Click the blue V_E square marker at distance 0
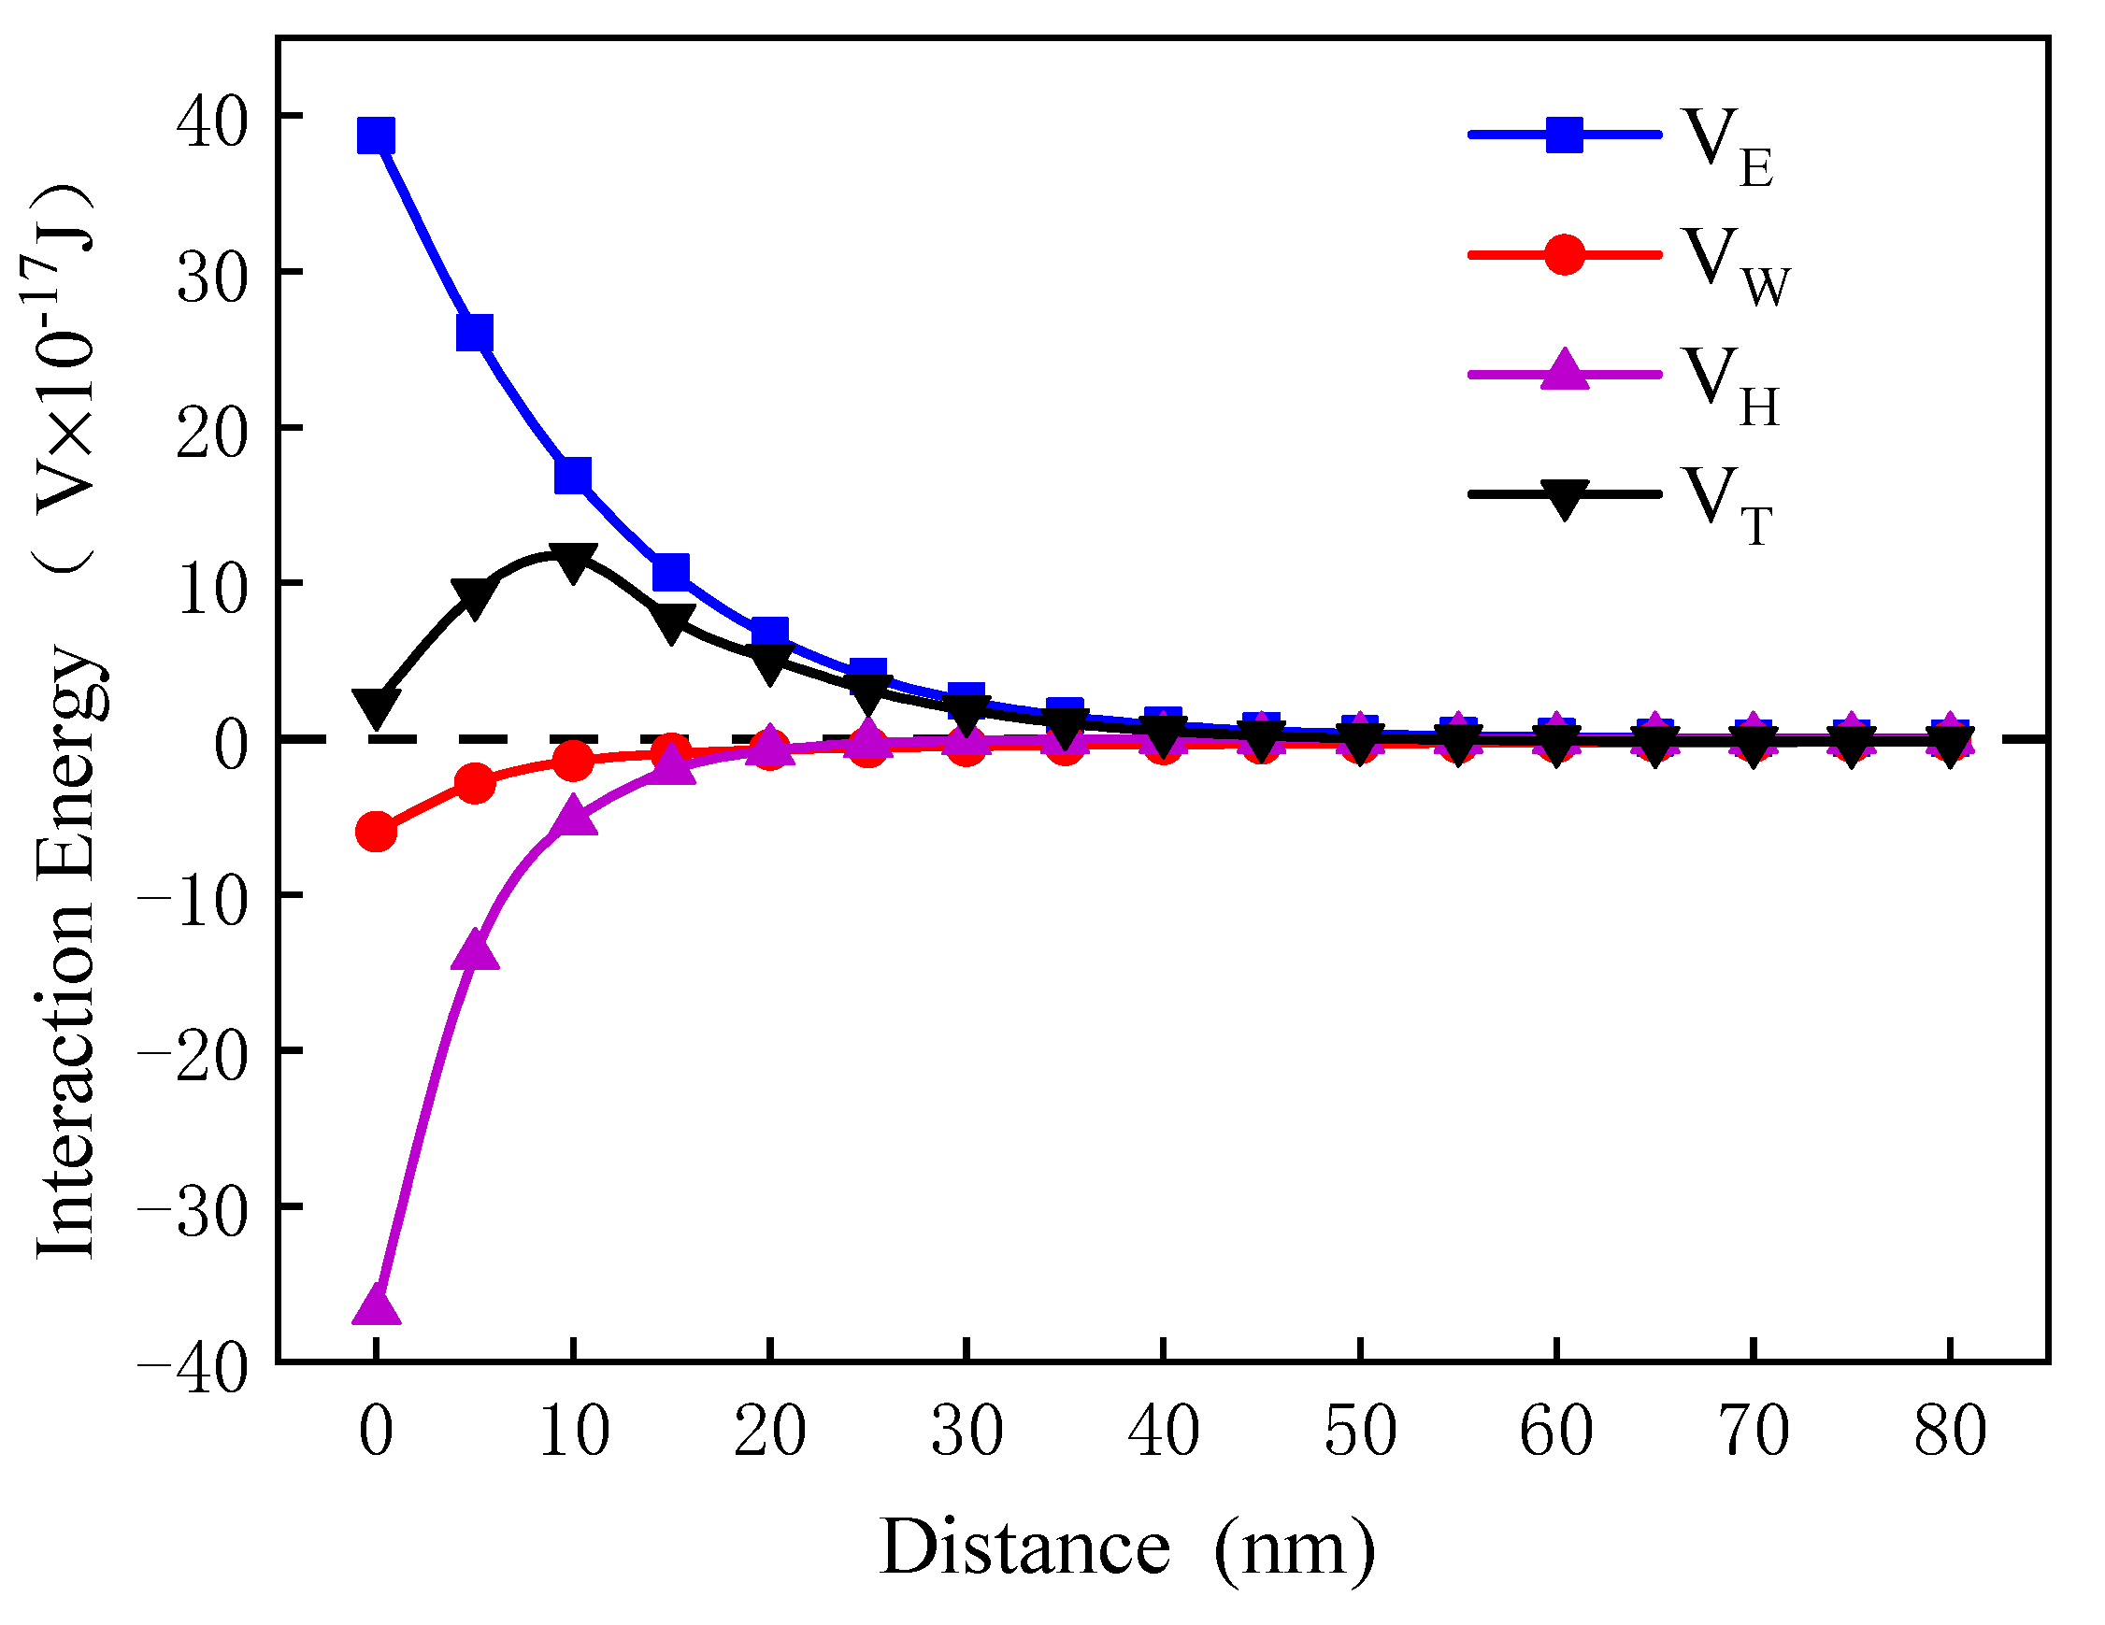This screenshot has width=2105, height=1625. [376, 135]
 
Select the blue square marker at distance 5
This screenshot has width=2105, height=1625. [474, 334]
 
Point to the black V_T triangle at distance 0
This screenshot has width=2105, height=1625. [376, 706]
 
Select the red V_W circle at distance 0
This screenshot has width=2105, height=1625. [376, 831]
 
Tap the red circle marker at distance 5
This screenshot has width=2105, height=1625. [474, 784]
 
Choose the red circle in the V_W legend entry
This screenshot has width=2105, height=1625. [1565, 254]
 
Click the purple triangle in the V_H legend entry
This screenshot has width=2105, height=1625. [1565, 370]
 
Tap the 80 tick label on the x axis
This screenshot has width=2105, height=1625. [1950, 1432]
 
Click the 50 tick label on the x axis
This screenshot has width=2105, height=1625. [1360, 1432]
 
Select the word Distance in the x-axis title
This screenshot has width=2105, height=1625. [1024, 1547]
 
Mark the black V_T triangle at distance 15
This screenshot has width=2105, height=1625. [672, 622]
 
